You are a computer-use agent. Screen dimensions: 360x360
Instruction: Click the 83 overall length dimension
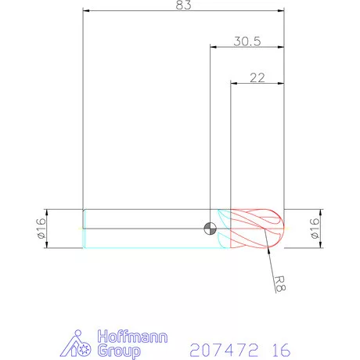(x=184, y=5)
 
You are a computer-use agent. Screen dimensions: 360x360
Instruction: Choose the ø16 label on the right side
(x=315, y=229)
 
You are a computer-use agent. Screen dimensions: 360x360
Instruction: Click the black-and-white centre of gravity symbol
(x=210, y=229)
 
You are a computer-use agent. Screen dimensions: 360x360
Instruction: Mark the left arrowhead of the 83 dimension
(x=87, y=11)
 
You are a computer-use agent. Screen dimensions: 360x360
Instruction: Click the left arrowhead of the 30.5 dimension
(x=214, y=47)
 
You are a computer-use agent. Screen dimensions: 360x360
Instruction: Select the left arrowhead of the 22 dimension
(x=234, y=82)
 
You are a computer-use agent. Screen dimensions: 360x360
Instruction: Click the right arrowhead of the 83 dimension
(x=279, y=11)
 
